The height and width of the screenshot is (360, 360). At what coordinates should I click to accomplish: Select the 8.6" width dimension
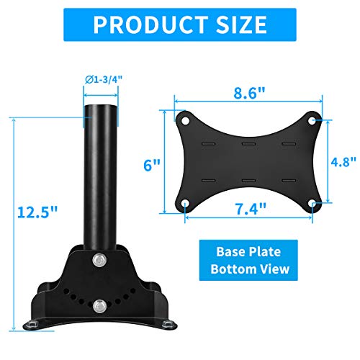(x=247, y=94)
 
